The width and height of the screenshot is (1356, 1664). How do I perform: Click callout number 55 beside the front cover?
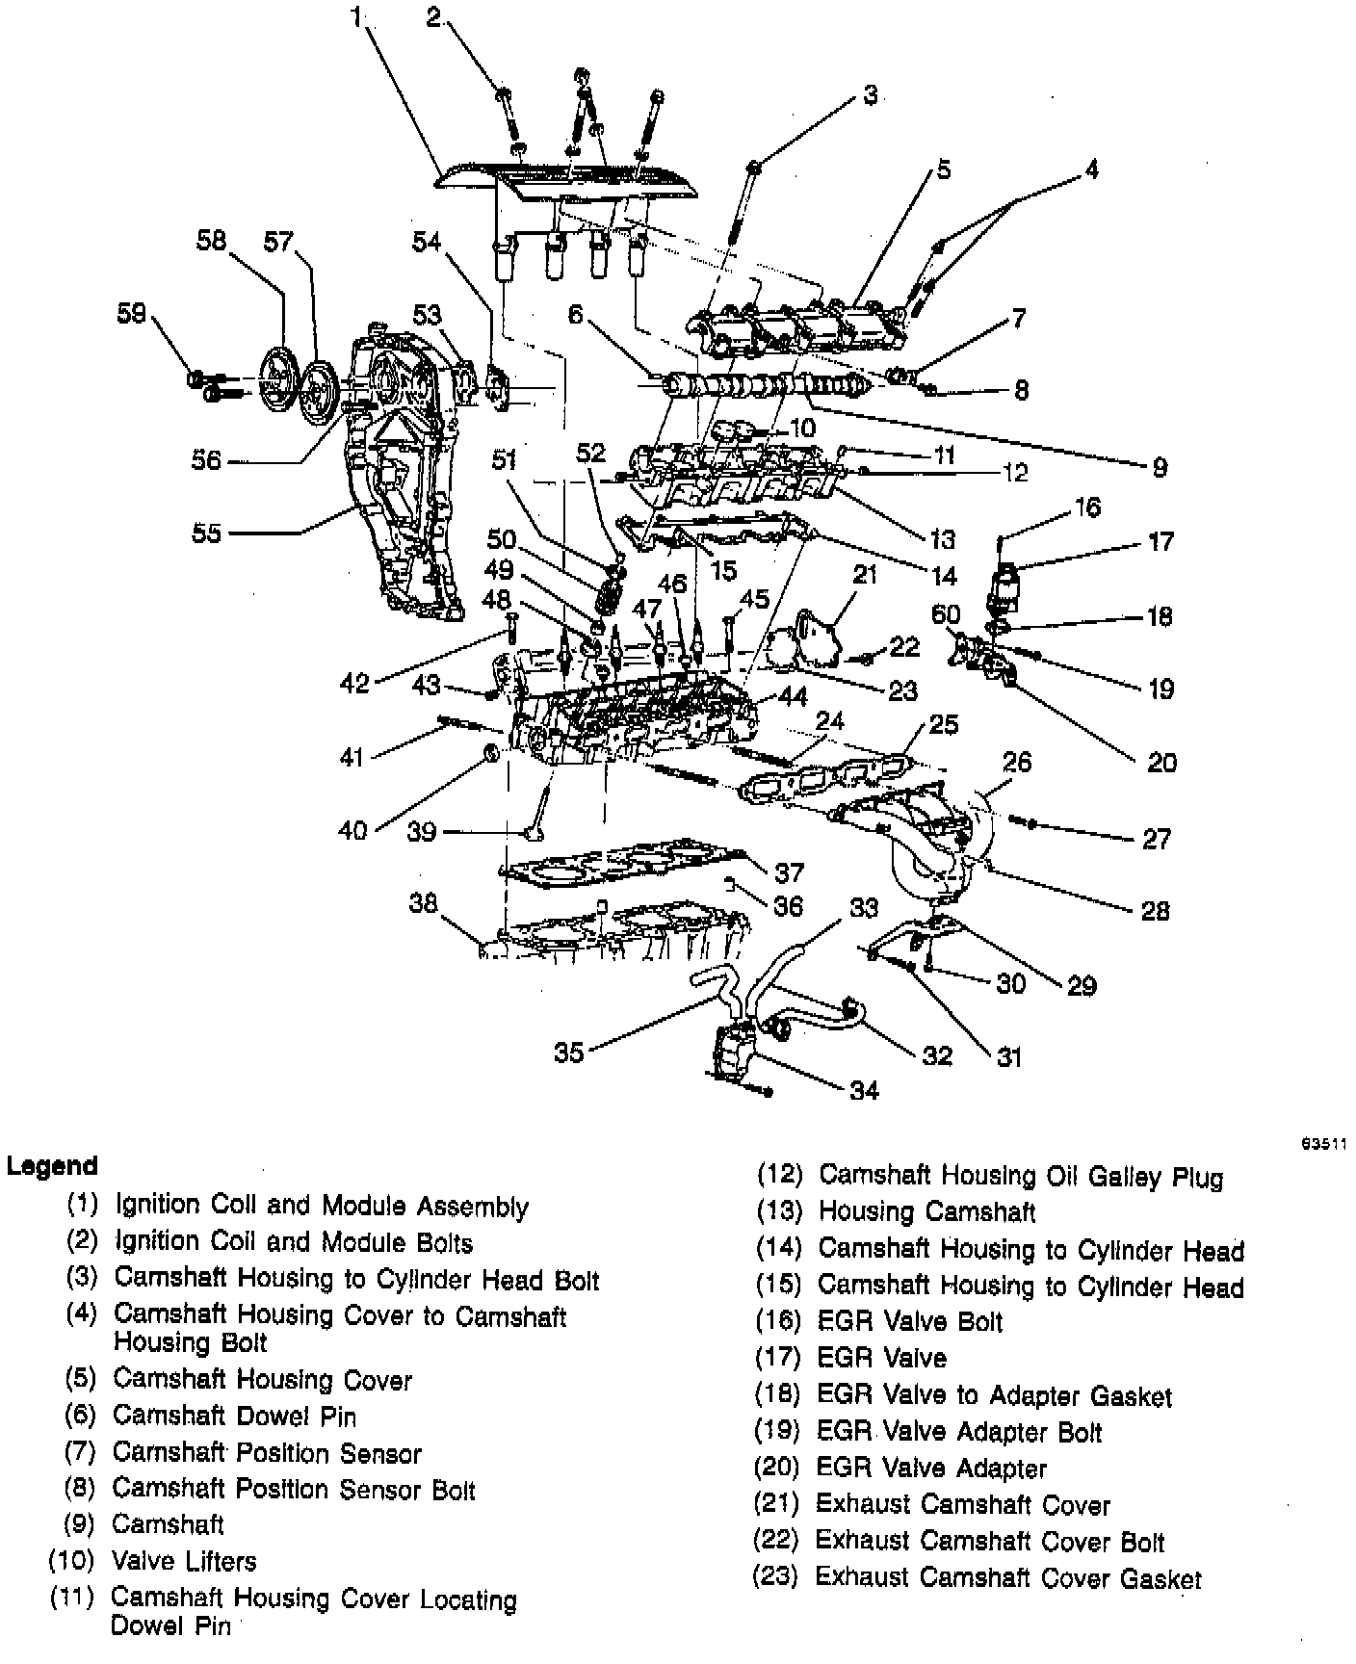coord(206,533)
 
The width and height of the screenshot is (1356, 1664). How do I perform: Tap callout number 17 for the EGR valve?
coord(1160,541)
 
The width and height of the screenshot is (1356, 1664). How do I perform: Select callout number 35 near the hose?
coord(568,1052)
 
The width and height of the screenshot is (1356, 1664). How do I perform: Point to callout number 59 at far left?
coord(132,313)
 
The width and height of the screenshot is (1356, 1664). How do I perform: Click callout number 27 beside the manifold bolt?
coord(1156,839)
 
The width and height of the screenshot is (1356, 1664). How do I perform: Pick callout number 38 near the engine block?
coord(423,902)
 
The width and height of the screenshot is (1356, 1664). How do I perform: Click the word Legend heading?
coord(52,1166)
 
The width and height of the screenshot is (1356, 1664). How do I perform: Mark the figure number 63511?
coord(1323,1144)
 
